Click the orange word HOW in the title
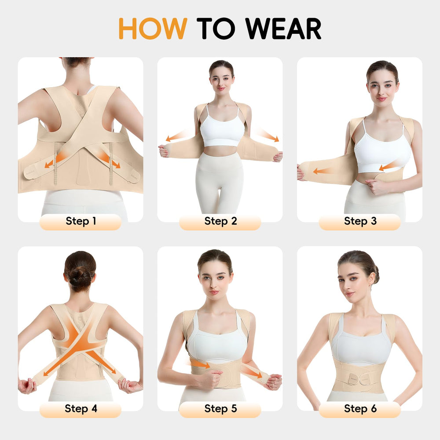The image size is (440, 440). coord(153,28)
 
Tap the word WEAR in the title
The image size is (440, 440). coord(283,28)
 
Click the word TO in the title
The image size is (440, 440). coord(216,28)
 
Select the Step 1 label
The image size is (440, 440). coord(81,221)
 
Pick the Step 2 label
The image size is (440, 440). coord(220,221)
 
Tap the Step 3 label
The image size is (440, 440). coord(360,221)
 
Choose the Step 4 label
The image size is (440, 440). coord(81,409)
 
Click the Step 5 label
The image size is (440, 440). coord(220,409)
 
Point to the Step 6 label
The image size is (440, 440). coord(360,409)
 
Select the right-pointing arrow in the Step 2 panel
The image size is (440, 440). coord(268,135)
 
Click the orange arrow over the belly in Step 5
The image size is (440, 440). coord(200,364)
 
